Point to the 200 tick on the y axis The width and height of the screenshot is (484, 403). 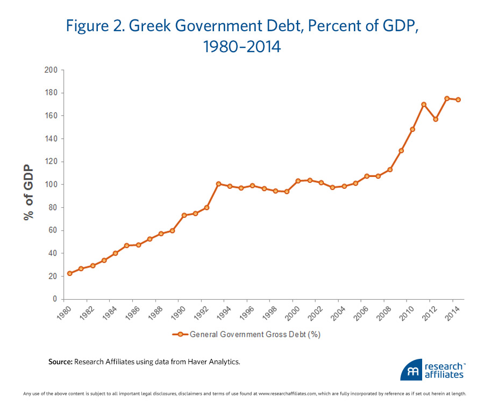click(52, 70)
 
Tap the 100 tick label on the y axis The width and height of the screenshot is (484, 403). click(52, 185)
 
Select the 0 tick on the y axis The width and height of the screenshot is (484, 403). click(55, 299)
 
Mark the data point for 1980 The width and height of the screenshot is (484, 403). click(69, 273)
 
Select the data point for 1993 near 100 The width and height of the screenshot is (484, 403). click(218, 184)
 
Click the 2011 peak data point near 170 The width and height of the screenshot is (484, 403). click(424, 104)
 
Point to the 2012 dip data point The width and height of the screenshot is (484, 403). click(436, 119)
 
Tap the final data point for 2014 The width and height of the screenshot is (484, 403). click(458, 100)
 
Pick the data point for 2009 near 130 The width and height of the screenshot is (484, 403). click(401, 151)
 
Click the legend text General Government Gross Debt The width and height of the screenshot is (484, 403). click(255, 334)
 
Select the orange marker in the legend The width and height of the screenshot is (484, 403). click(180, 334)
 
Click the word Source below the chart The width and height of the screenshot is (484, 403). click(60, 362)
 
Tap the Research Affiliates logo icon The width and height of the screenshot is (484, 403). click(411, 371)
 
